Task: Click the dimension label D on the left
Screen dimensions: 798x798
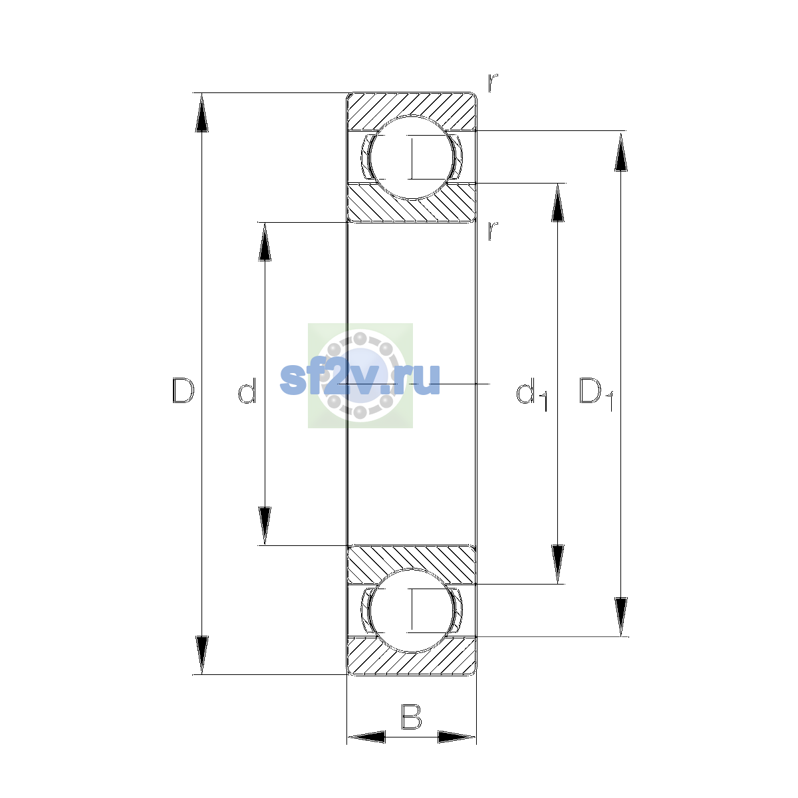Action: pyautogui.click(x=183, y=390)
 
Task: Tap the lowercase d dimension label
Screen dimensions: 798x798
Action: pyautogui.click(x=247, y=390)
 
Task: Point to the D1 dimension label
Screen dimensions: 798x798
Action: pyautogui.click(x=596, y=394)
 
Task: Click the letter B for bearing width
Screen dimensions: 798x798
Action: pyautogui.click(x=411, y=717)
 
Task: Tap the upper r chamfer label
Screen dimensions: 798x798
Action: pyautogui.click(x=493, y=82)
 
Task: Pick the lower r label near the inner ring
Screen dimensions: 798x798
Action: pyautogui.click(x=493, y=231)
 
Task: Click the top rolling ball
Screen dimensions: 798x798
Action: pyautogui.click(x=412, y=158)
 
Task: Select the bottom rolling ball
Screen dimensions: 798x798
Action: pyautogui.click(x=412, y=611)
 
